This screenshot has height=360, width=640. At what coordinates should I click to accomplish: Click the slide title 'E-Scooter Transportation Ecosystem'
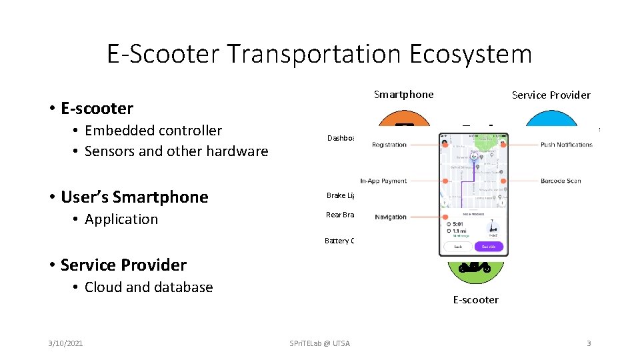[319, 54]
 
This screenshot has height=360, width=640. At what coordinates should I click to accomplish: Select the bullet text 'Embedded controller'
[153, 131]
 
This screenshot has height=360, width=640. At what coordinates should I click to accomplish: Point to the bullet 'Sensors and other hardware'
[176, 151]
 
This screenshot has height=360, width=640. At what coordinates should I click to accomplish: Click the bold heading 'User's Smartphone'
[134, 197]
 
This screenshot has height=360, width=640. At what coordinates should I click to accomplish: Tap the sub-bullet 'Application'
[121, 219]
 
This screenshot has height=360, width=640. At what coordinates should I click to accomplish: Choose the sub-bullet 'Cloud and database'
[149, 287]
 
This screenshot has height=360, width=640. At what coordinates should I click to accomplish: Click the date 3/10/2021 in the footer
[65, 343]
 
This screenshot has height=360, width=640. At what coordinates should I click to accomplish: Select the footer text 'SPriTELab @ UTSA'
[319, 343]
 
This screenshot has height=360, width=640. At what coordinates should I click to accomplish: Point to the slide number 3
[588, 343]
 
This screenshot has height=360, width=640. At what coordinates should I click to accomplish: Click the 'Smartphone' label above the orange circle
[403, 95]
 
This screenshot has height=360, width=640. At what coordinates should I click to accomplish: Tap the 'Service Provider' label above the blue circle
[551, 95]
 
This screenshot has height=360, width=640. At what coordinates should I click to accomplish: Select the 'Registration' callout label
[389, 145]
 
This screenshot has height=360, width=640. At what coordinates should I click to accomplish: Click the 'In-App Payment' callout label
[383, 181]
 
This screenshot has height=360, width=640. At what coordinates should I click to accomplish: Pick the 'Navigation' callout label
[391, 217]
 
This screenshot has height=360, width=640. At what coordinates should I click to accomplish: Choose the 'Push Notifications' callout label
[566, 145]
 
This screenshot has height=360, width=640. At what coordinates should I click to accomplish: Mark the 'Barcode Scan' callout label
[561, 181]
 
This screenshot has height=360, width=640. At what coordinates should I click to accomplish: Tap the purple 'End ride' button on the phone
[489, 247]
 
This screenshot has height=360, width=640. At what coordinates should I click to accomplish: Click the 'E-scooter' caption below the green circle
[475, 300]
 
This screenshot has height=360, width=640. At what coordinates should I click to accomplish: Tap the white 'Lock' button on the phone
[458, 247]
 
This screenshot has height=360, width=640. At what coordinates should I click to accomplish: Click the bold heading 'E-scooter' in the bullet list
[97, 109]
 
